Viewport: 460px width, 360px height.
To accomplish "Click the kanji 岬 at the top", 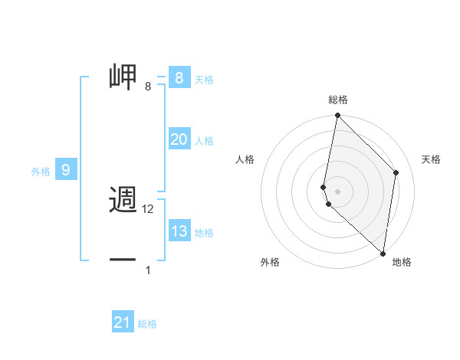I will point(123,77).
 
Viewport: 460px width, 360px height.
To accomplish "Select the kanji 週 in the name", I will point(123,201).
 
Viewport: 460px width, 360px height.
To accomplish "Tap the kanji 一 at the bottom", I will point(123,260).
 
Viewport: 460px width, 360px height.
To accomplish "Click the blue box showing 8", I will point(179,77).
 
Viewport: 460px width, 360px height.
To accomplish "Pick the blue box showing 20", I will point(179,139).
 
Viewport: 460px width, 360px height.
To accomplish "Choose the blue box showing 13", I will point(179,231).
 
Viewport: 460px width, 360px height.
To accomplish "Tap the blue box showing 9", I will point(66,170).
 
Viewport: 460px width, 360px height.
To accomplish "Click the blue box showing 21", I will point(122,322).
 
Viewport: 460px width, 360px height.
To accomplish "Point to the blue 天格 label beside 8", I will point(204,79).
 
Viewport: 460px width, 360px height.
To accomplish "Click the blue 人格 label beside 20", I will point(204,141).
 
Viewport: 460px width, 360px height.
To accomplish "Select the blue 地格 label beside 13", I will point(204,233).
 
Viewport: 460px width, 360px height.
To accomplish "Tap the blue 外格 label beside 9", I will point(41,172).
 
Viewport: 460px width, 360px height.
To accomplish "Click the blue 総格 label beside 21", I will point(147,324).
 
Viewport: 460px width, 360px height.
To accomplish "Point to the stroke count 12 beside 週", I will point(149,209).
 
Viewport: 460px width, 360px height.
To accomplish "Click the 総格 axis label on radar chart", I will point(337,100).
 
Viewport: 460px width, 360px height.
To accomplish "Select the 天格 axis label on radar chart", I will point(432,159).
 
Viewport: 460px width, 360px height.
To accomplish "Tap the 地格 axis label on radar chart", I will point(402,262).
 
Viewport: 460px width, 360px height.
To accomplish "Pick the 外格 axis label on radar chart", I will point(270,262).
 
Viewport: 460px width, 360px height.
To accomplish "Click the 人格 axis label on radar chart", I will point(245,159).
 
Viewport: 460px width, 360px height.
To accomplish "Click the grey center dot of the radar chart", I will point(337,191).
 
